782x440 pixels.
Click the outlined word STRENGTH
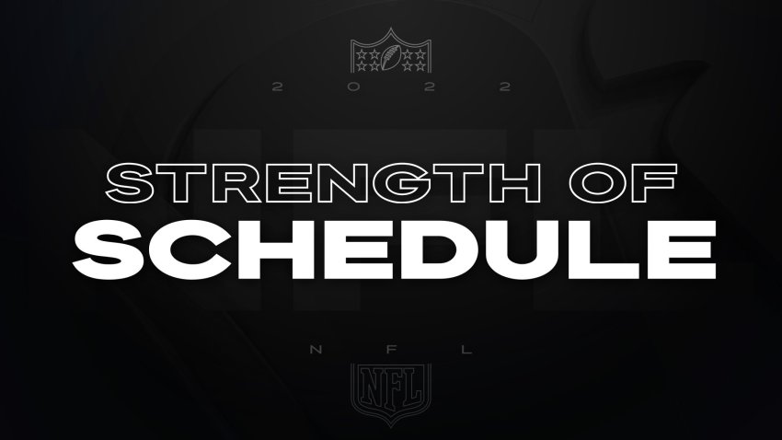[x=323, y=183]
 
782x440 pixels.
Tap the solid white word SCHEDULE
[x=395, y=249]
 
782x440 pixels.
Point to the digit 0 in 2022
[x=353, y=87]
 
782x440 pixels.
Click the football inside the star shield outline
[x=390, y=57]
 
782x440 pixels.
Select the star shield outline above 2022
[x=390, y=50]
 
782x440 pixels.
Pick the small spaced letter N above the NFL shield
[x=316, y=349]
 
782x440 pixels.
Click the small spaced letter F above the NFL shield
[x=391, y=349]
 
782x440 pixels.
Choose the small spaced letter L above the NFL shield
[x=466, y=349]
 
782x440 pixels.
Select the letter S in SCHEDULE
[x=110, y=249]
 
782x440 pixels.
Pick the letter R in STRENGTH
[x=234, y=183]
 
